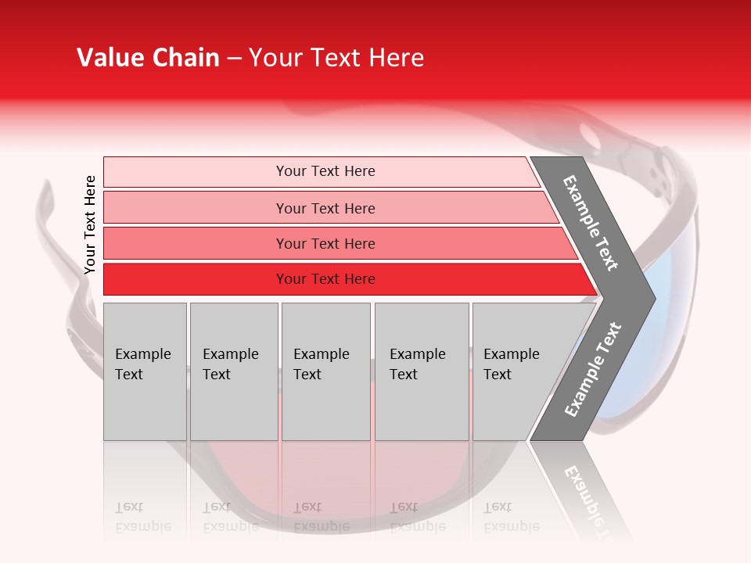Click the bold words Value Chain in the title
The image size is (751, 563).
pos(148,58)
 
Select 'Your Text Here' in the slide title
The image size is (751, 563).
pos(336,58)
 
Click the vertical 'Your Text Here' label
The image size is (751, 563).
pos(91,224)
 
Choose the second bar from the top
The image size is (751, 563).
pos(325,208)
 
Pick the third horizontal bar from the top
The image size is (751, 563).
pos(325,243)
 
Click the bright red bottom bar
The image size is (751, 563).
pos(325,279)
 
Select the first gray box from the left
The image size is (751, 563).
pos(145,371)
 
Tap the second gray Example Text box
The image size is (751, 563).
pos(234,371)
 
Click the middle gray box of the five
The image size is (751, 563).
pos(325,371)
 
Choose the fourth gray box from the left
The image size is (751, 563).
pos(422,371)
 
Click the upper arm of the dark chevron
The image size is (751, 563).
pos(591,223)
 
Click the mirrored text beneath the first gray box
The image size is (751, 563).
pos(143,517)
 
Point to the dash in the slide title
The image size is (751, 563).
pos(234,58)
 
